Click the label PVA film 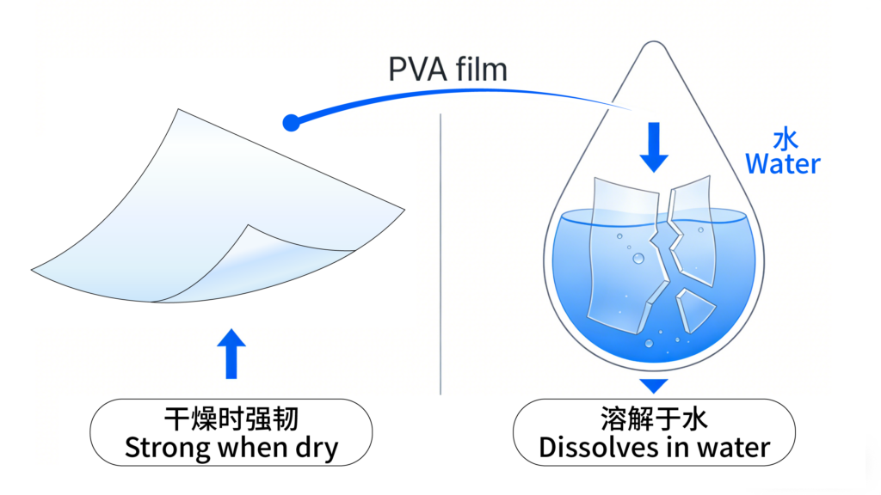(447, 69)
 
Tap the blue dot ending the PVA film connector (291, 124)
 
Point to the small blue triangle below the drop (655, 386)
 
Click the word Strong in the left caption (161, 448)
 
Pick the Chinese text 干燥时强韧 (231, 420)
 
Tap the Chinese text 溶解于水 (654, 420)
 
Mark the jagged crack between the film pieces (665, 249)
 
